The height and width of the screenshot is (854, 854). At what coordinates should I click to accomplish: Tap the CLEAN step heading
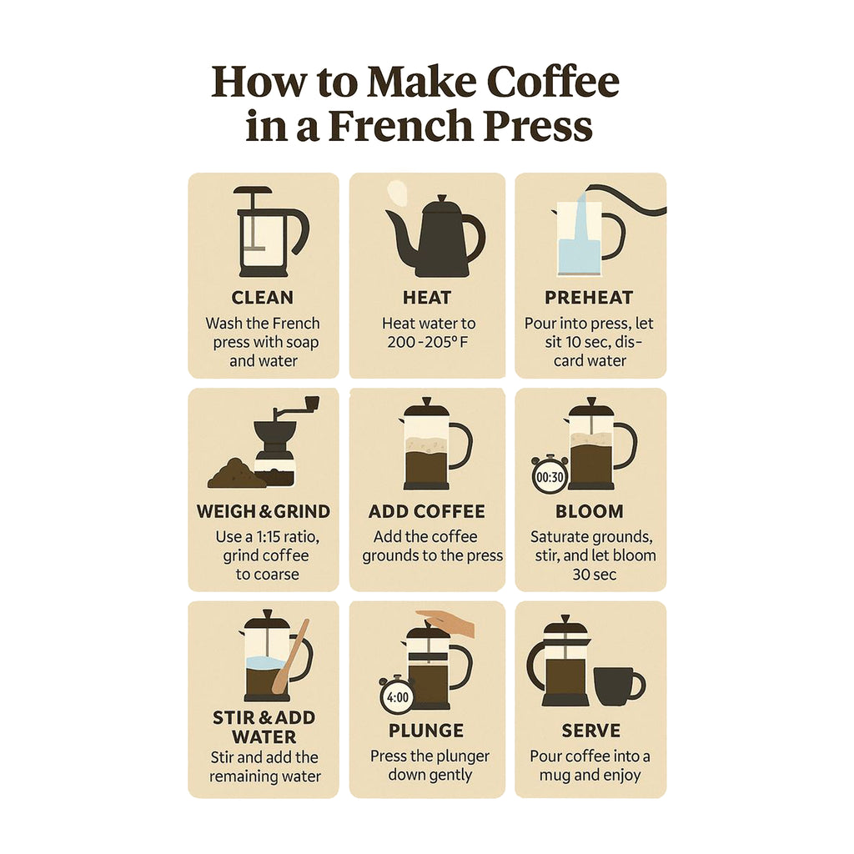pyautogui.click(x=263, y=298)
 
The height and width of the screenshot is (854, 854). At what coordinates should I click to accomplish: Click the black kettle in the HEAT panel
pyautogui.click(x=435, y=237)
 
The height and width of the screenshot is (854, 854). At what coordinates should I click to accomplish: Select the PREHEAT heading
pyautogui.click(x=589, y=298)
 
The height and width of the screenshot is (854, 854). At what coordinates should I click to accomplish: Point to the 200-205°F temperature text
pyautogui.click(x=428, y=343)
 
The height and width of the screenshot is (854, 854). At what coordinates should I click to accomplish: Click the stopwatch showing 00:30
pyautogui.click(x=550, y=475)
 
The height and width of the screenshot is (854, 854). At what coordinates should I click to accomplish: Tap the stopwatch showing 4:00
pyautogui.click(x=398, y=695)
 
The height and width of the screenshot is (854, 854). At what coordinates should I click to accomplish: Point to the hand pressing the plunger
pyautogui.click(x=448, y=622)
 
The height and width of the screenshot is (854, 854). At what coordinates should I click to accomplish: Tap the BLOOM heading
pyautogui.click(x=590, y=511)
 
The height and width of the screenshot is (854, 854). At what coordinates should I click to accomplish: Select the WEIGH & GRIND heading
pyautogui.click(x=263, y=511)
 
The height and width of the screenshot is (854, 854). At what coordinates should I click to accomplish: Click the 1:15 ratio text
pyautogui.click(x=268, y=537)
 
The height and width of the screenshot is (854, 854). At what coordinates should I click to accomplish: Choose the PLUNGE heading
pyautogui.click(x=426, y=731)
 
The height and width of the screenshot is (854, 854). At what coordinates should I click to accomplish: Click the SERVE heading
pyautogui.click(x=591, y=731)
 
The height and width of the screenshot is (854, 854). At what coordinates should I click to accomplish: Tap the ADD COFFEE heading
pyautogui.click(x=426, y=511)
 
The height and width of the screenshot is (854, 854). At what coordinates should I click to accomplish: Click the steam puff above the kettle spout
pyautogui.click(x=396, y=194)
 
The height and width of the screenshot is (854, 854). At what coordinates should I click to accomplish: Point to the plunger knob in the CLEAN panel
pyautogui.click(x=252, y=191)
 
